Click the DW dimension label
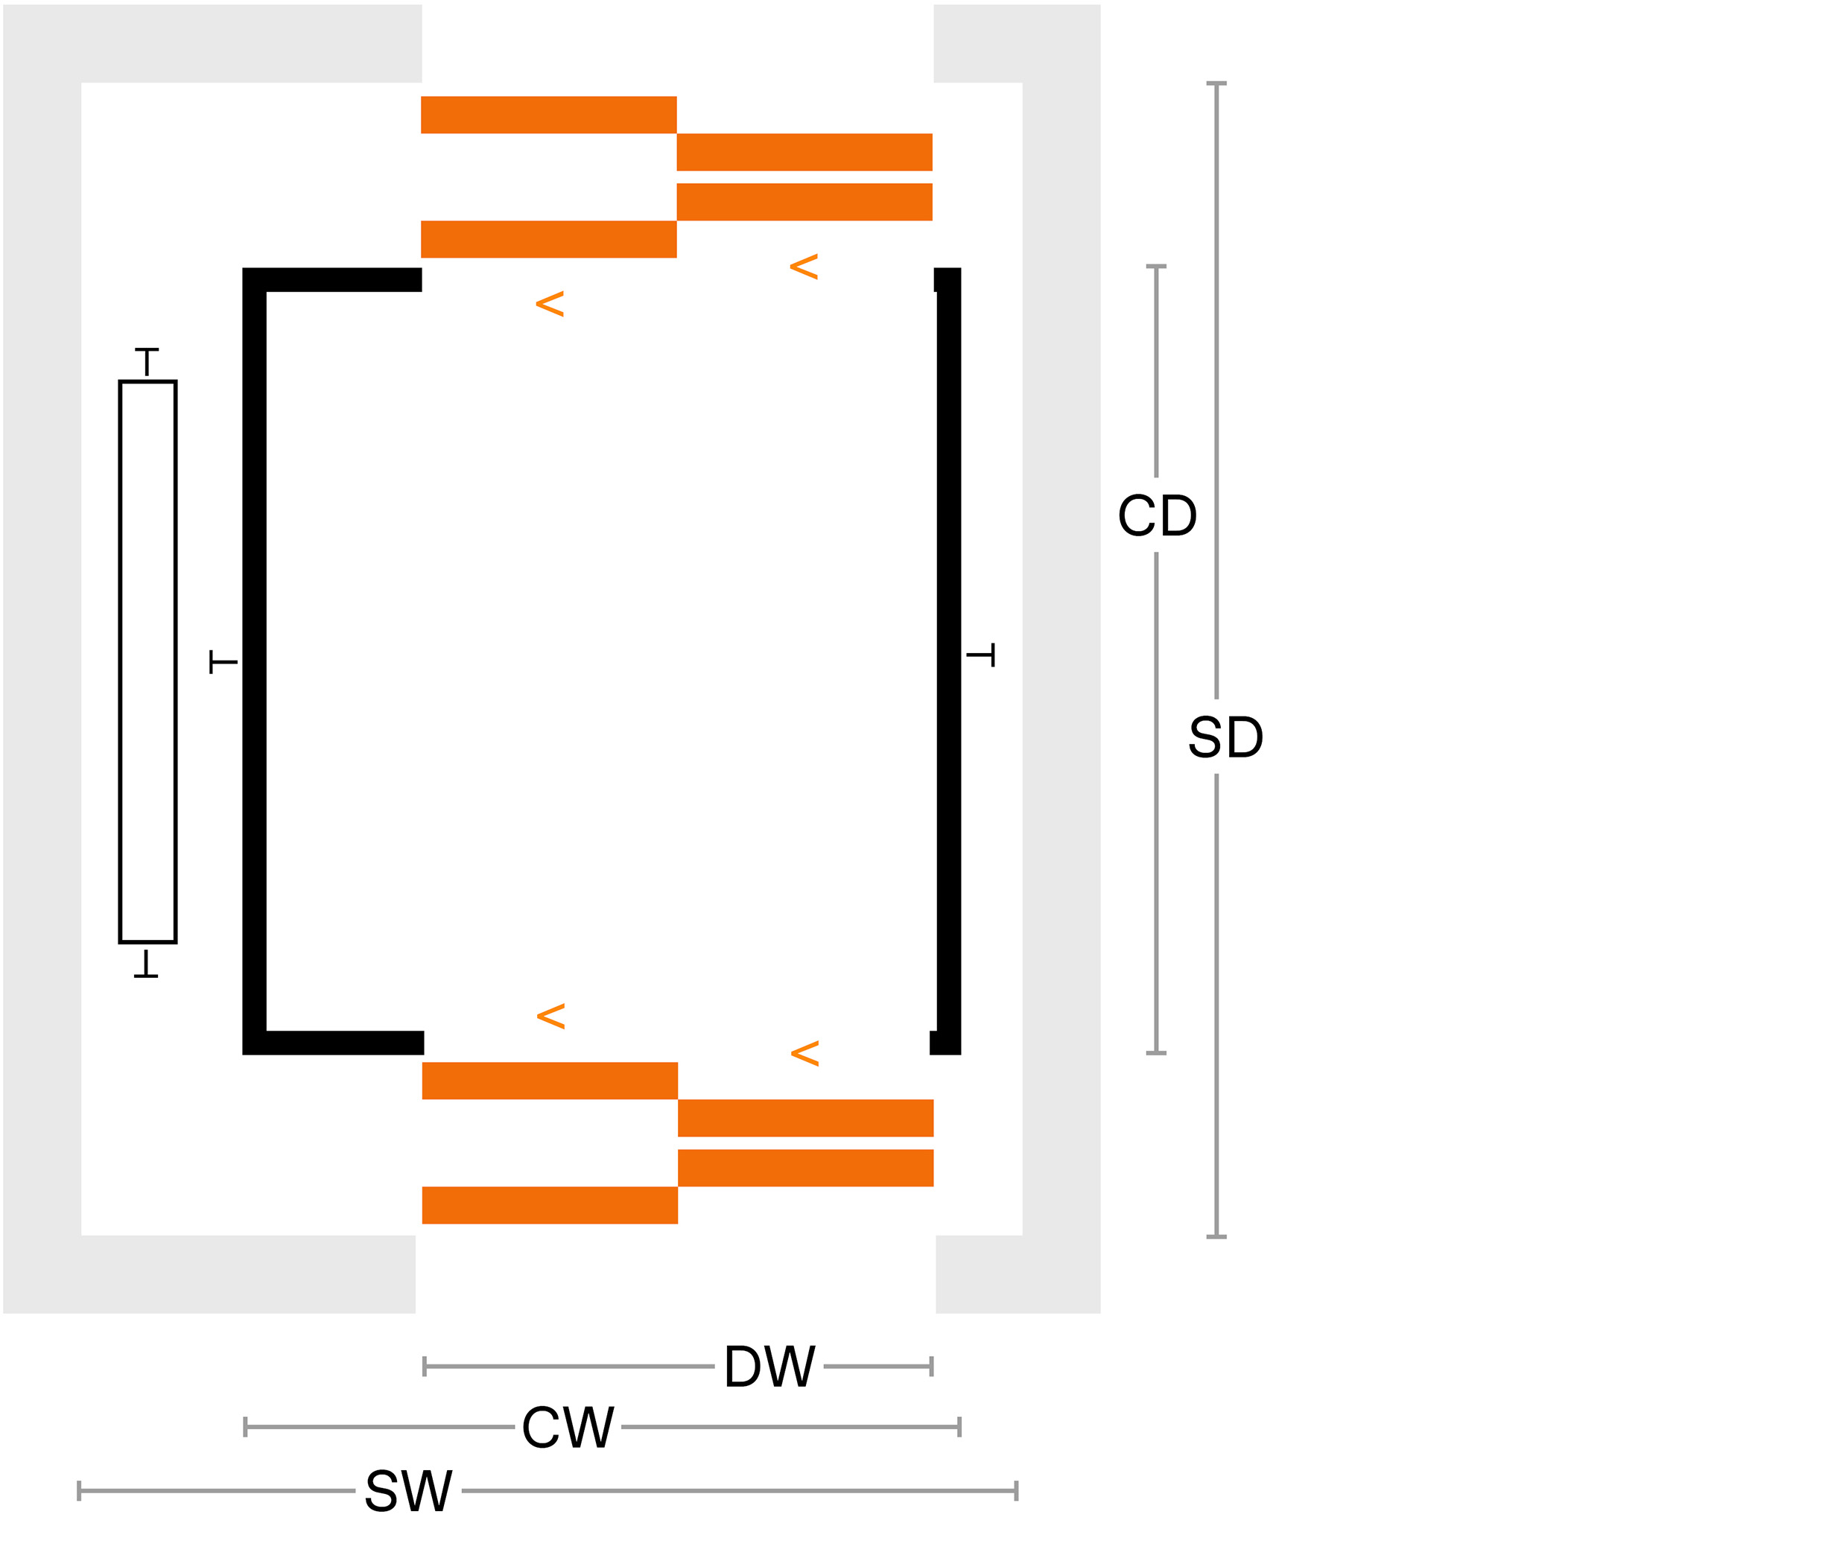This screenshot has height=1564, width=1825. point(769,1367)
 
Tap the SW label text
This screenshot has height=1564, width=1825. point(409,1491)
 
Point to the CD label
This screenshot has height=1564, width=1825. point(1158,515)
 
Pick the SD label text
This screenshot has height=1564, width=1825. point(1225,737)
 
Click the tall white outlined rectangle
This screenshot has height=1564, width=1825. point(148,661)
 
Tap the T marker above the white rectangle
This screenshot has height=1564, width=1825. point(147,362)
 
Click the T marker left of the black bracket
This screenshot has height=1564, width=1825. point(223,661)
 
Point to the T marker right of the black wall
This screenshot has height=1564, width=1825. point(980,655)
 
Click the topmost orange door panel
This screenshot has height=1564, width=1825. point(549,115)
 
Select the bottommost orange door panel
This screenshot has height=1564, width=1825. point(550,1206)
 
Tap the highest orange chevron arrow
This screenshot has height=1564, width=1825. point(804,267)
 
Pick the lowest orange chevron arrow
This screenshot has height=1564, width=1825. point(805,1053)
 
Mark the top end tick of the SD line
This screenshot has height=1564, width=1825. point(1216,83)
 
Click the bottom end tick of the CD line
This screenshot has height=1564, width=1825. point(1157,1052)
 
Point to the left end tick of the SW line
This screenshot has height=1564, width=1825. point(79,1491)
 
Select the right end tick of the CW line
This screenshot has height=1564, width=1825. point(959,1427)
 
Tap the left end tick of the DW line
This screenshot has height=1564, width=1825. point(425,1367)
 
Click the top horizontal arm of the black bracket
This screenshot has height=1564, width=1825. point(332,279)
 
